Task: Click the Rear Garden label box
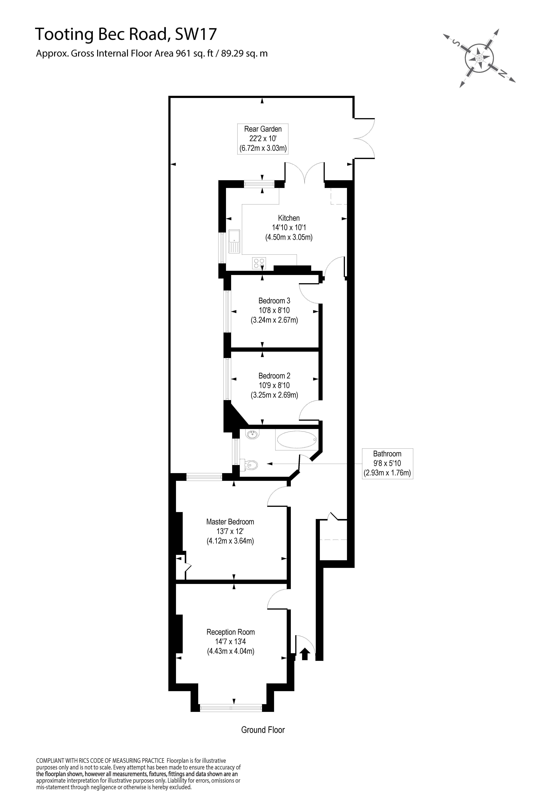(x=263, y=139)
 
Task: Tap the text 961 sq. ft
(x=191, y=54)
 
